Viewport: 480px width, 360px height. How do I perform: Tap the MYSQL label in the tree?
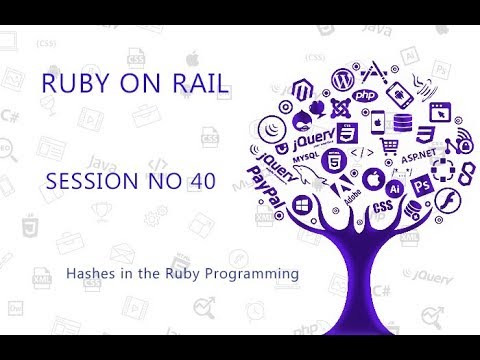point(309,158)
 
